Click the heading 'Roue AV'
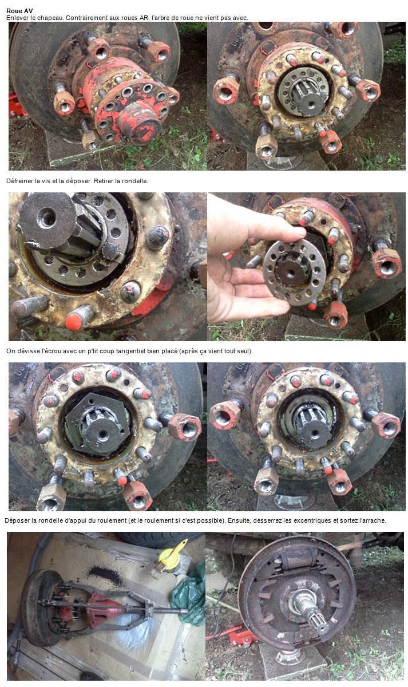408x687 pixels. coord(19,11)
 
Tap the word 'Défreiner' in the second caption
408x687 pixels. coord(19,181)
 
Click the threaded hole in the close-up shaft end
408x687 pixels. coord(48,216)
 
